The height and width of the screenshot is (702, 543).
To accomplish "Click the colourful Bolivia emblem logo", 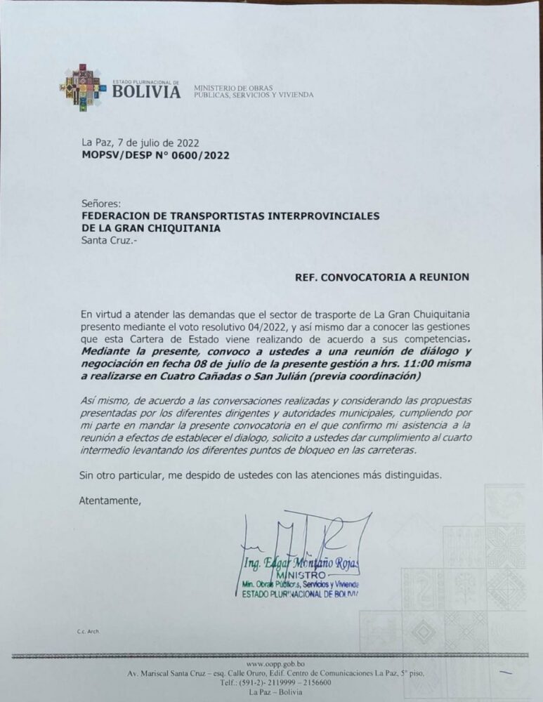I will [83, 88].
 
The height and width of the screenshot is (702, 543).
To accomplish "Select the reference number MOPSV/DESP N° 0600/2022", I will [155, 155].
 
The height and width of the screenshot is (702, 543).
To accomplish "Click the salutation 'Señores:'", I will [101, 203].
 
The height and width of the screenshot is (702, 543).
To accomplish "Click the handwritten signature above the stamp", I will [309, 541].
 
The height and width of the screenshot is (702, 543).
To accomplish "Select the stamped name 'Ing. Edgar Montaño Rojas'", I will [300, 564].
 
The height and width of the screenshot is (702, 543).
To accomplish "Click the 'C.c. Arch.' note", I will [89, 632].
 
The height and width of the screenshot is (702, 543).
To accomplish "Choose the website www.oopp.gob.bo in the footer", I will [276, 663].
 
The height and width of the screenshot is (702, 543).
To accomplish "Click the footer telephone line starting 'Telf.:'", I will [275, 682].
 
